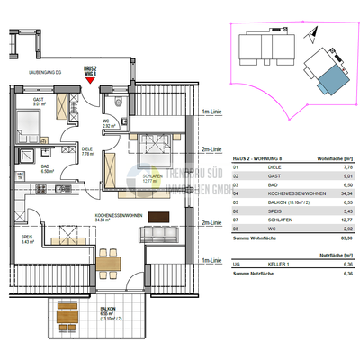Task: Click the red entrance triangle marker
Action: click(x=89, y=79)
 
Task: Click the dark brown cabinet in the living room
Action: click(x=159, y=216)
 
